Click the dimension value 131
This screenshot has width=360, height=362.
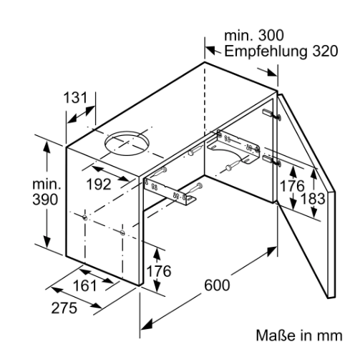[x=76, y=98]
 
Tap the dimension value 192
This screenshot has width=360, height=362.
[x=99, y=185]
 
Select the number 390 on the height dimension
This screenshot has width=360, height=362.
[x=45, y=200]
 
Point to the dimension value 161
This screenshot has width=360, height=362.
[x=84, y=285]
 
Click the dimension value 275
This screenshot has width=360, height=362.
[x=64, y=308]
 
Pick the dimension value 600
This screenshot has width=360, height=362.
[x=217, y=285]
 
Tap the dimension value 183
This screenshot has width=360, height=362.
[x=313, y=199]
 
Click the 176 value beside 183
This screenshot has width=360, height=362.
[x=292, y=186]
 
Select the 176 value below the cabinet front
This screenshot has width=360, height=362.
[x=159, y=271]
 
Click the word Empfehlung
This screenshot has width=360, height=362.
[x=266, y=52]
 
